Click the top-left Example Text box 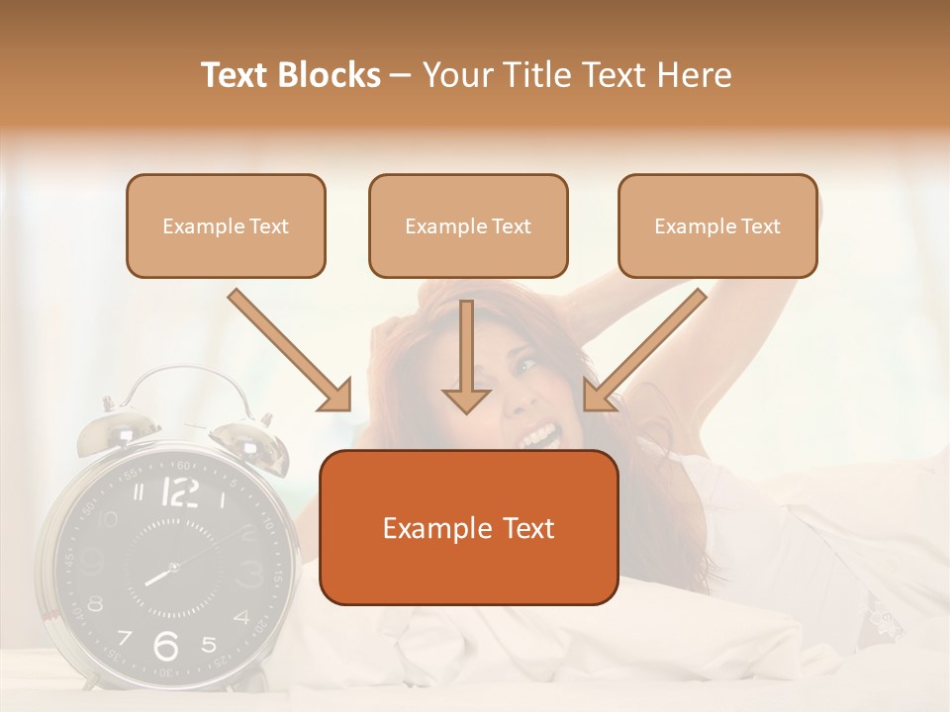pyautogui.click(x=226, y=225)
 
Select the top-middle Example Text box pyautogui.click(x=468, y=225)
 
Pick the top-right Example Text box pyautogui.click(x=717, y=225)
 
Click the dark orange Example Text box pyautogui.click(x=468, y=527)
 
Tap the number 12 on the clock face pyautogui.click(x=179, y=491)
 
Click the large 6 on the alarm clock pyautogui.click(x=166, y=646)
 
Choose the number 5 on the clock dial pyautogui.click(x=209, y=645)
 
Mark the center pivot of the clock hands pyautogui.click(x=173, y=568)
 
